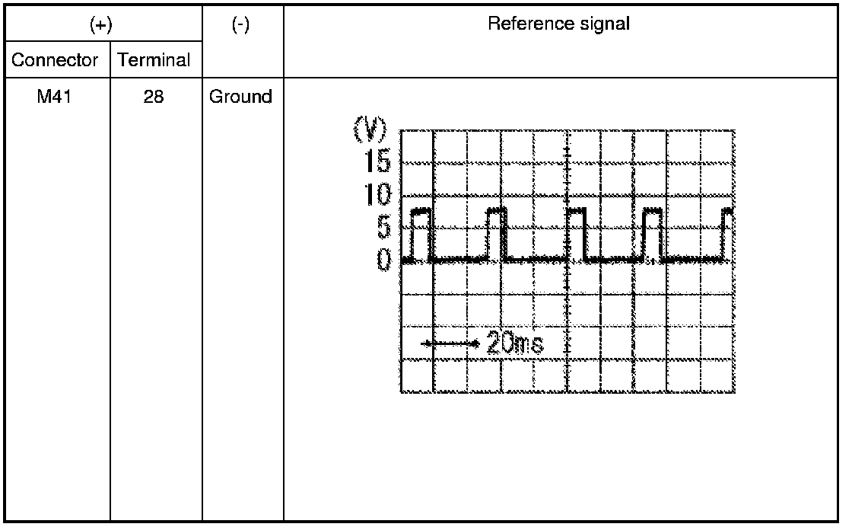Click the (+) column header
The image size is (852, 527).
tap(101, 25)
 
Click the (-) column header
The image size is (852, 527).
tap(240, 25)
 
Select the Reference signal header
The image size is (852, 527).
tap(558, 24)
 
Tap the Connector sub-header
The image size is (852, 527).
tap(54, 60)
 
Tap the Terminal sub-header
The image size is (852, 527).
tap(154, 60)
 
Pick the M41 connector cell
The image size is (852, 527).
tap(54, 97)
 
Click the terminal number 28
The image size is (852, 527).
tap(154, 97)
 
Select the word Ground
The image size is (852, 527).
tap(240, 97)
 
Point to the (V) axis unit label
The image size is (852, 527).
tap(370, 129)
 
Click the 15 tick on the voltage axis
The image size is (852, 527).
tap(377, 161)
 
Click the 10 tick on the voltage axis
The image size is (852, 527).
tap(377, 194)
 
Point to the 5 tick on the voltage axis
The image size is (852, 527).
tap(383, 227)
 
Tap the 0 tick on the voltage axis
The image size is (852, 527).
tap(384, 260)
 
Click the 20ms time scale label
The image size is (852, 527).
tap(514, 343)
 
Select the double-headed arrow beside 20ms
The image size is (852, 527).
tap(450, 343)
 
